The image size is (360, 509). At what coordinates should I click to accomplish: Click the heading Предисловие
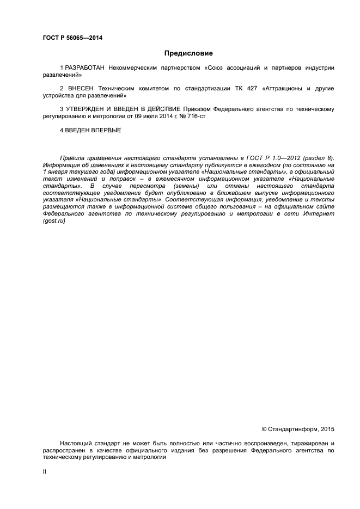pos(188,53)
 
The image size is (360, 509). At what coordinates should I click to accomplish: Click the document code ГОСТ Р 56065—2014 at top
pos(72,38)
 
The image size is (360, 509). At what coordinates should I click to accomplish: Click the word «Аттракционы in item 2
pos(283,88)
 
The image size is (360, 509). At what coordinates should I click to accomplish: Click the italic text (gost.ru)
pos(54,221)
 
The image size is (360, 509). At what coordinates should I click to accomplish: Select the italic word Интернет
pos(318,214)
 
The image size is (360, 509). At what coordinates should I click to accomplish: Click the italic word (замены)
pos(176,186)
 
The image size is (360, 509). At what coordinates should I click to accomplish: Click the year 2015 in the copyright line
pos(327,428)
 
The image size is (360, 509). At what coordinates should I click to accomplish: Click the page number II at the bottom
pos(45,471)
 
